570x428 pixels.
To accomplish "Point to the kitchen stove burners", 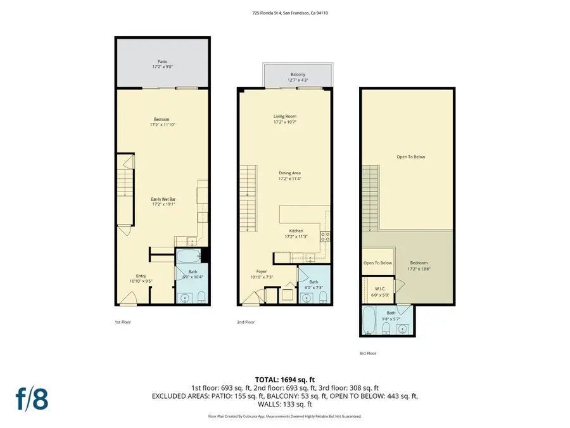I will coord(326,237).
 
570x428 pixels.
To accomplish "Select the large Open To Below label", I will coord(410,157).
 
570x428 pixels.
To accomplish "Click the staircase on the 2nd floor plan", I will coord(248,197).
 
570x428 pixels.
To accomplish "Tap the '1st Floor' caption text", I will coord(123,322).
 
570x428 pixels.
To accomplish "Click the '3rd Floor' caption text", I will coord(368,354).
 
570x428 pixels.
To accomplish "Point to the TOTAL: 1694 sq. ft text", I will coord(284,379).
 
